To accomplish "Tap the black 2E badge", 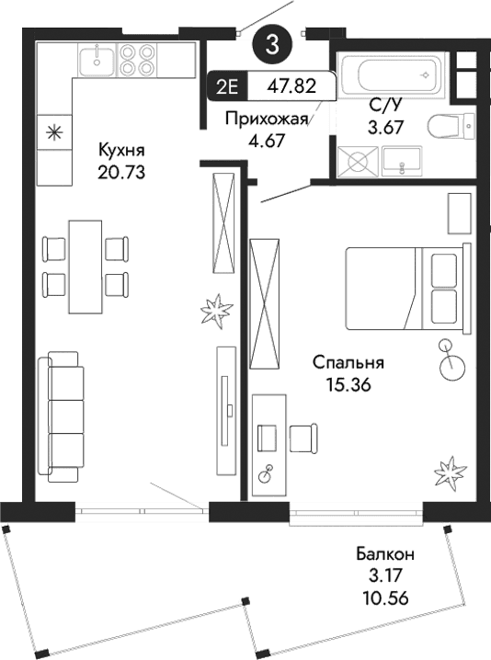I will point(226,86).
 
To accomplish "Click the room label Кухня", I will point(123,150).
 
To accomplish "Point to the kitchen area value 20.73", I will point(123,170).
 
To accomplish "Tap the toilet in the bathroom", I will point(456,123).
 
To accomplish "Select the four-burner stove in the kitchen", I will point(137,62).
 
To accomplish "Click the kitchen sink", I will point(97,62).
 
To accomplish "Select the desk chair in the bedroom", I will point(302,438).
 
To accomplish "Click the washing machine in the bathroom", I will point(356,163).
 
